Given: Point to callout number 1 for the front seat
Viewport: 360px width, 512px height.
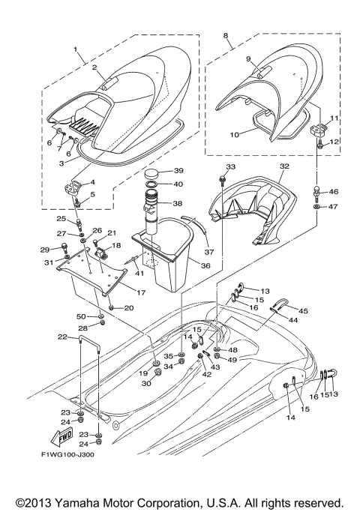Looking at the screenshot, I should coord(76,49).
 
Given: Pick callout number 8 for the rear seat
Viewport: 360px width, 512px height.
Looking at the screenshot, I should coord(226,35).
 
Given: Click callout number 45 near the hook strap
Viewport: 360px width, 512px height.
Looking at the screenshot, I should coord(304,311).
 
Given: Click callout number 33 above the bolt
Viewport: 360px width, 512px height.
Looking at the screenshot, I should coord(230,166).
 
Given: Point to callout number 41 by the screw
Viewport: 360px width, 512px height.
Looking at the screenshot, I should coord(139,274).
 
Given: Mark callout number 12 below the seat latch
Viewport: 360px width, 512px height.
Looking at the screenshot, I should coord(335,142).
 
